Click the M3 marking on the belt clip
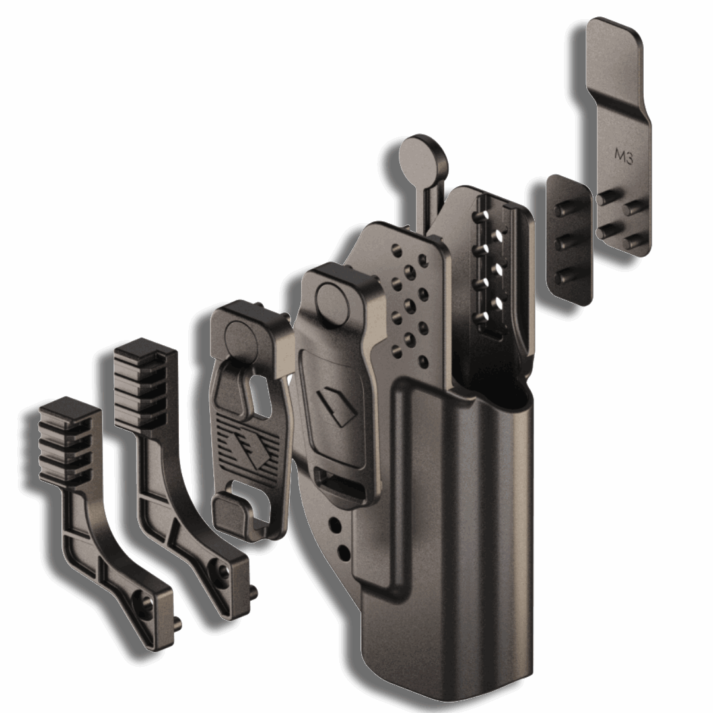coord(624,155)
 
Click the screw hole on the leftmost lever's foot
coord(146,602)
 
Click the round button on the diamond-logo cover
coord(332,300)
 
